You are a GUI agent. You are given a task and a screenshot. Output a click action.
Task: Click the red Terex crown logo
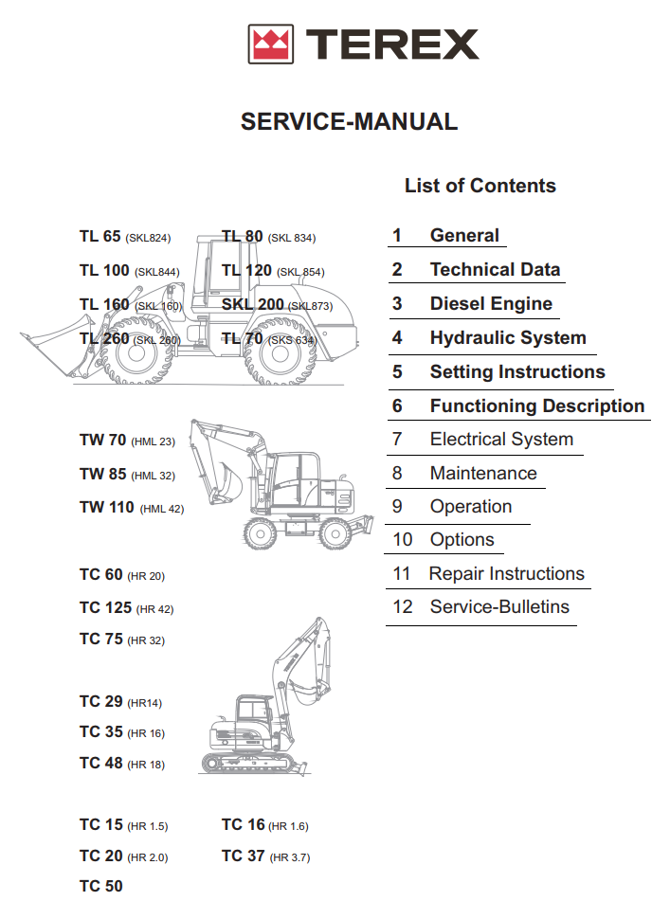click(269, 44)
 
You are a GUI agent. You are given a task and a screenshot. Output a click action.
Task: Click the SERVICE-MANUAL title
click(349, 121)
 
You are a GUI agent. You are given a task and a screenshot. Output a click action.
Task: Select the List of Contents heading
click(480, 186)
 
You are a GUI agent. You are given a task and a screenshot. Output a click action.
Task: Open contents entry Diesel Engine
click(490, 304)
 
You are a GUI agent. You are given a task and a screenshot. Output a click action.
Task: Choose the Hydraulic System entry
click(507, 338)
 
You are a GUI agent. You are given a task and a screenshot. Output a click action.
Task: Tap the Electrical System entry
click(500, 440)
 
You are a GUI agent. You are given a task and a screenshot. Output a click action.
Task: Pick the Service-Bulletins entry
click(499, 607)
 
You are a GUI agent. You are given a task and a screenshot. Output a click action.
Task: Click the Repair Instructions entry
click(506, 574)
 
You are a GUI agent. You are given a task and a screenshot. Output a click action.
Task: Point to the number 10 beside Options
click(403, 540)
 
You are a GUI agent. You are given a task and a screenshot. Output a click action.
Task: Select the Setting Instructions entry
click(516, 372)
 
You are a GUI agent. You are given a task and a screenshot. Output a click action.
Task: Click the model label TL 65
click(100, 237)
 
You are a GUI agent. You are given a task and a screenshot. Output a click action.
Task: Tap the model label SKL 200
click(252, 305)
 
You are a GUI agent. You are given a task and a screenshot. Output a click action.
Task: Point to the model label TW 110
click(107, 508)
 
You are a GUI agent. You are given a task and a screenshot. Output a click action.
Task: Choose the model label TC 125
click(105, 608)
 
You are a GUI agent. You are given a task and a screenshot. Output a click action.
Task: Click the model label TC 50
click(100, 887)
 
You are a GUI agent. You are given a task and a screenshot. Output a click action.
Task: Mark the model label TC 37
click(243, 856)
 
